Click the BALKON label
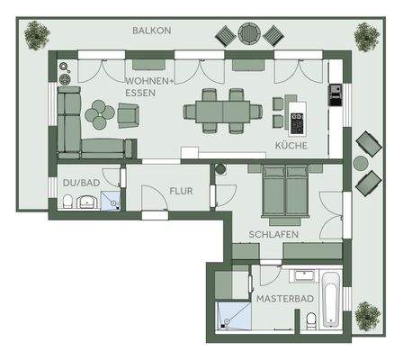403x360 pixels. tap(150, 30)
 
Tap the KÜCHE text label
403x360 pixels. tap(291, 145)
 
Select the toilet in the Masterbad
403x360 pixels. tap(309, 320)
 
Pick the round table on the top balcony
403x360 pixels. tap(249, 35)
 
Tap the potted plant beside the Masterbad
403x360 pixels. tap(366, 316)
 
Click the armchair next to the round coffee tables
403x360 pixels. tap(130, 114)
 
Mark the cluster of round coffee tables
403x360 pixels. tap(99, 113)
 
